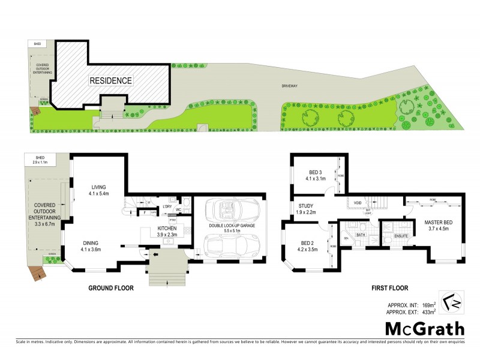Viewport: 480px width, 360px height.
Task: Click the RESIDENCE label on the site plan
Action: [111, 80]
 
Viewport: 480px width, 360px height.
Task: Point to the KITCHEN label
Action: [166, 229]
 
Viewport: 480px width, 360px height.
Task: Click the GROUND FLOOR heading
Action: [111, 288]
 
